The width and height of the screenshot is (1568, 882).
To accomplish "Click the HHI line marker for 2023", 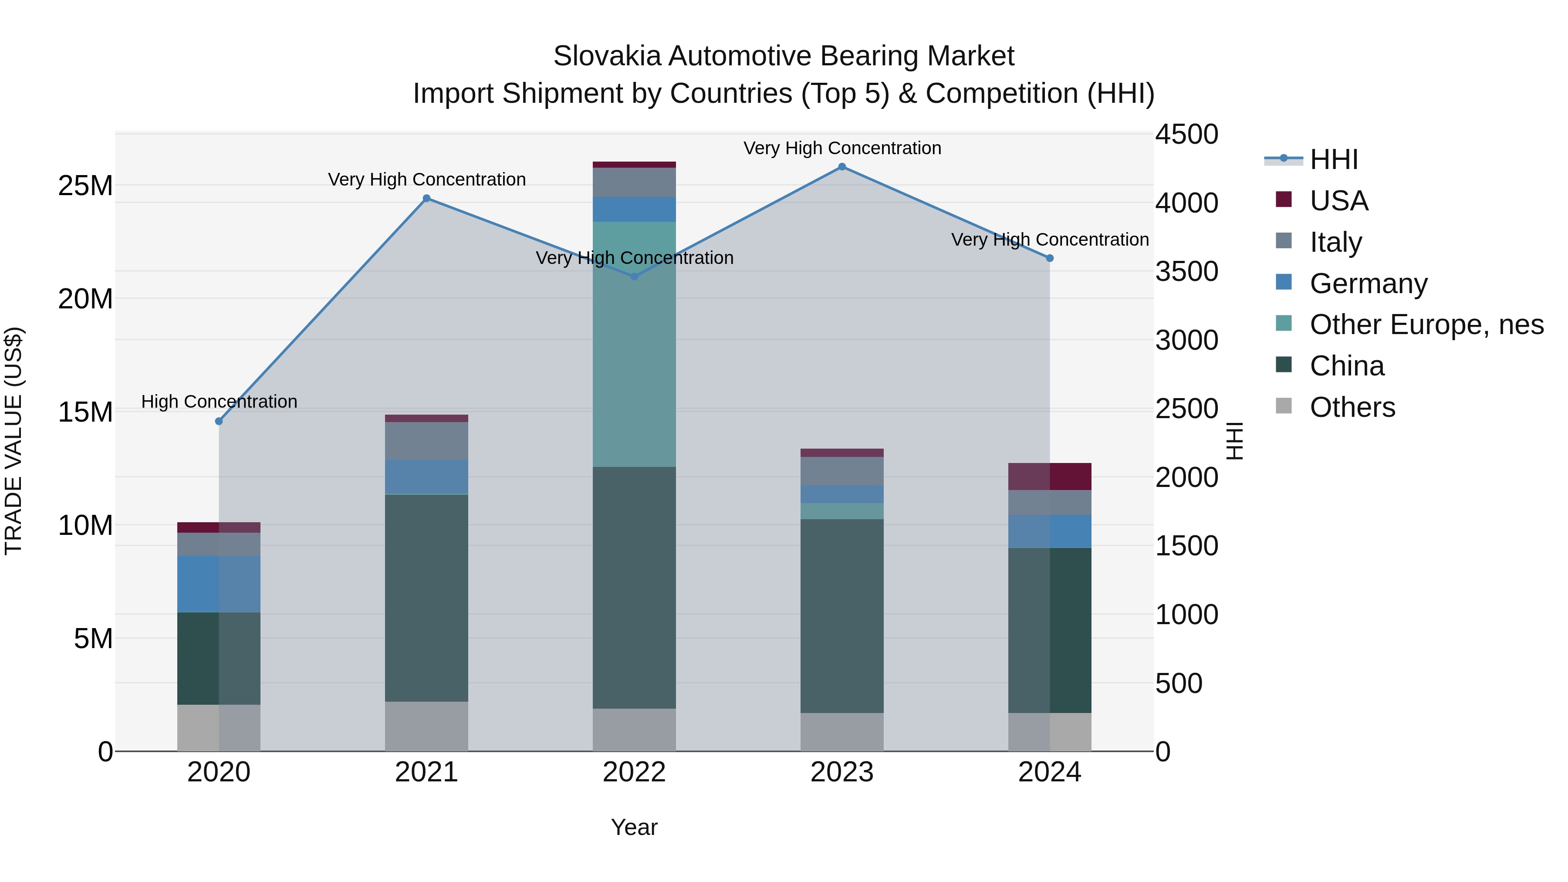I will pos(842,167).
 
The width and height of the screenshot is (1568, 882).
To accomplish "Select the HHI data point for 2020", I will pos(219,421).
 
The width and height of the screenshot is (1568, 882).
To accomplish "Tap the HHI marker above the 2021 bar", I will pos(427,199).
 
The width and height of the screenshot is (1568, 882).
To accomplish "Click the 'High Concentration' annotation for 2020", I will pos(219,402).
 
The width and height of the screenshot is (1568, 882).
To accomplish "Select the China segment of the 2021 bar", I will pos(427,598).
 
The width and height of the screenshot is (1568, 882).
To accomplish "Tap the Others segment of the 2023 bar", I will pos(842,732).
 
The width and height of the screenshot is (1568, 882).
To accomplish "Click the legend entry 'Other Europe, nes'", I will pos(1426,325).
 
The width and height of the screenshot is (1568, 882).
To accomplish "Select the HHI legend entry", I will pos(1334,159).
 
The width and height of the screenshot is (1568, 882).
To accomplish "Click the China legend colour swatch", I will pos(1284,365).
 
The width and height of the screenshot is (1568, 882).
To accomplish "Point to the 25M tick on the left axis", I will pos(85,186).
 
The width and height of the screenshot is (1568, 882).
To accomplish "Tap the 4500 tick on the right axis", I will pos(1186,135).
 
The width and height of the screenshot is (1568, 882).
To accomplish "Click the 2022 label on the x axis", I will pos(634,772).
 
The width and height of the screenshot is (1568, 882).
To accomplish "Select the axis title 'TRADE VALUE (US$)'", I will pos(14,441).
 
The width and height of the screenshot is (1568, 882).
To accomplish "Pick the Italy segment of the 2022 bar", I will pos(634,182).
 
